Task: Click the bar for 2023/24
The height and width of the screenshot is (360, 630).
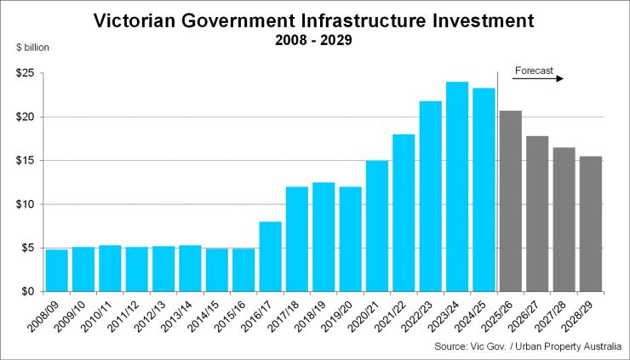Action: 457,187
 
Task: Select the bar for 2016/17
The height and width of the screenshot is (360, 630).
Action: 270,256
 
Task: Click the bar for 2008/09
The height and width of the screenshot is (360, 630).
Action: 56,271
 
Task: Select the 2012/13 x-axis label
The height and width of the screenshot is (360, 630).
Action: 162,315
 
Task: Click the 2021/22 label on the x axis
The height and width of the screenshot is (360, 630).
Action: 402,315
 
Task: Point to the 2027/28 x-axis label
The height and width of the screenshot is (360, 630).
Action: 562,315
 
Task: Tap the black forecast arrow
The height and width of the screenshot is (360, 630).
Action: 538,79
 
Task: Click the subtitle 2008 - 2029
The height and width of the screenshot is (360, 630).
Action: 315,39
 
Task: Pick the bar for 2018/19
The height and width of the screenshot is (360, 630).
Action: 324,237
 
